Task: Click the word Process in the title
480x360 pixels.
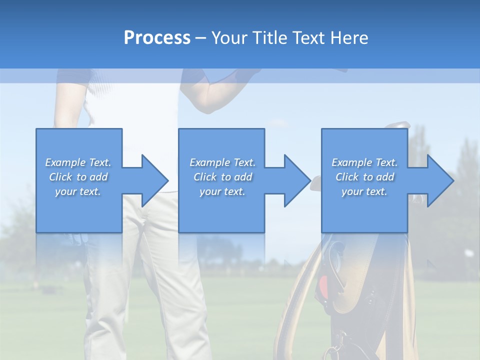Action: [157, 38]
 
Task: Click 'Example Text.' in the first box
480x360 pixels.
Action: [78, 162]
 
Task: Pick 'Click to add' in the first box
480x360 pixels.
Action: [78, 177]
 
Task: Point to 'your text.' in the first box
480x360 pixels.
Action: [78, 191]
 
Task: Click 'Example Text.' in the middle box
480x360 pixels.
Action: [222, 162]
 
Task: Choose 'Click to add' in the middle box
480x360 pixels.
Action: [222, 177]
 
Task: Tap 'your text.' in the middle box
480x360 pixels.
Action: [222, 191]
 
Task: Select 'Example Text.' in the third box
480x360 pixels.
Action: [364, 162]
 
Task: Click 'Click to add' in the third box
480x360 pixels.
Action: [364, 177]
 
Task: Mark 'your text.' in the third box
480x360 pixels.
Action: [364, 191]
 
